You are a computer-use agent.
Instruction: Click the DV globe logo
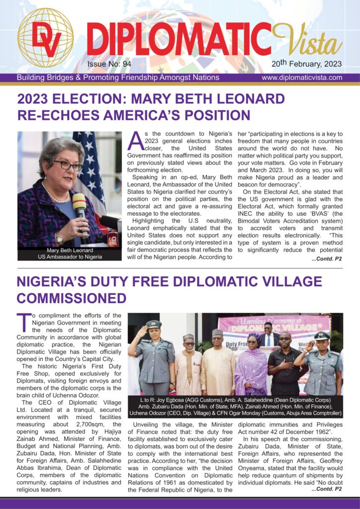(45, 38)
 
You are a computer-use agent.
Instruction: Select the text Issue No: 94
(109, 64)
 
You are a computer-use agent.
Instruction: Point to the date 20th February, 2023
(306, 64)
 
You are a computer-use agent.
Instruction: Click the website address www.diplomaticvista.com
(302, 78)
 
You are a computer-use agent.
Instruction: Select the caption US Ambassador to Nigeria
(70, 257)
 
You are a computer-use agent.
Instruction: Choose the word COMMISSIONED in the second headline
(72, 298)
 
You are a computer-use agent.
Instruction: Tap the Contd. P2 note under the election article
(327, 259)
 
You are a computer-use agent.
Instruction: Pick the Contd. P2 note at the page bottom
(327, 489)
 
